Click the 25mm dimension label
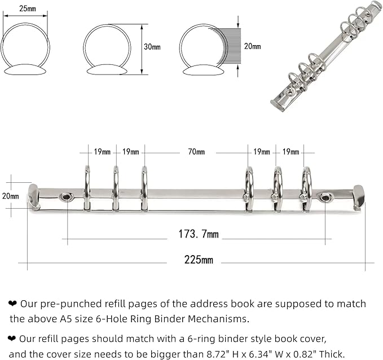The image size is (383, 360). click(x=25, y=8)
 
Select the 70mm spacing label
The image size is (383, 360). click(x=196, y=152)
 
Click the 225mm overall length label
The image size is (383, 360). click(x=199, y=260)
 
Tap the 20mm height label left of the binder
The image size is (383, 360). click(x=10, y=196)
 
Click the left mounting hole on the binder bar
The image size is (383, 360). click(x=67, y=197)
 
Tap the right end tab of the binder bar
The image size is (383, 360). click(x=358, y=197)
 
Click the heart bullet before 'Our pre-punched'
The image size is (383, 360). click(x=12, y=304)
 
